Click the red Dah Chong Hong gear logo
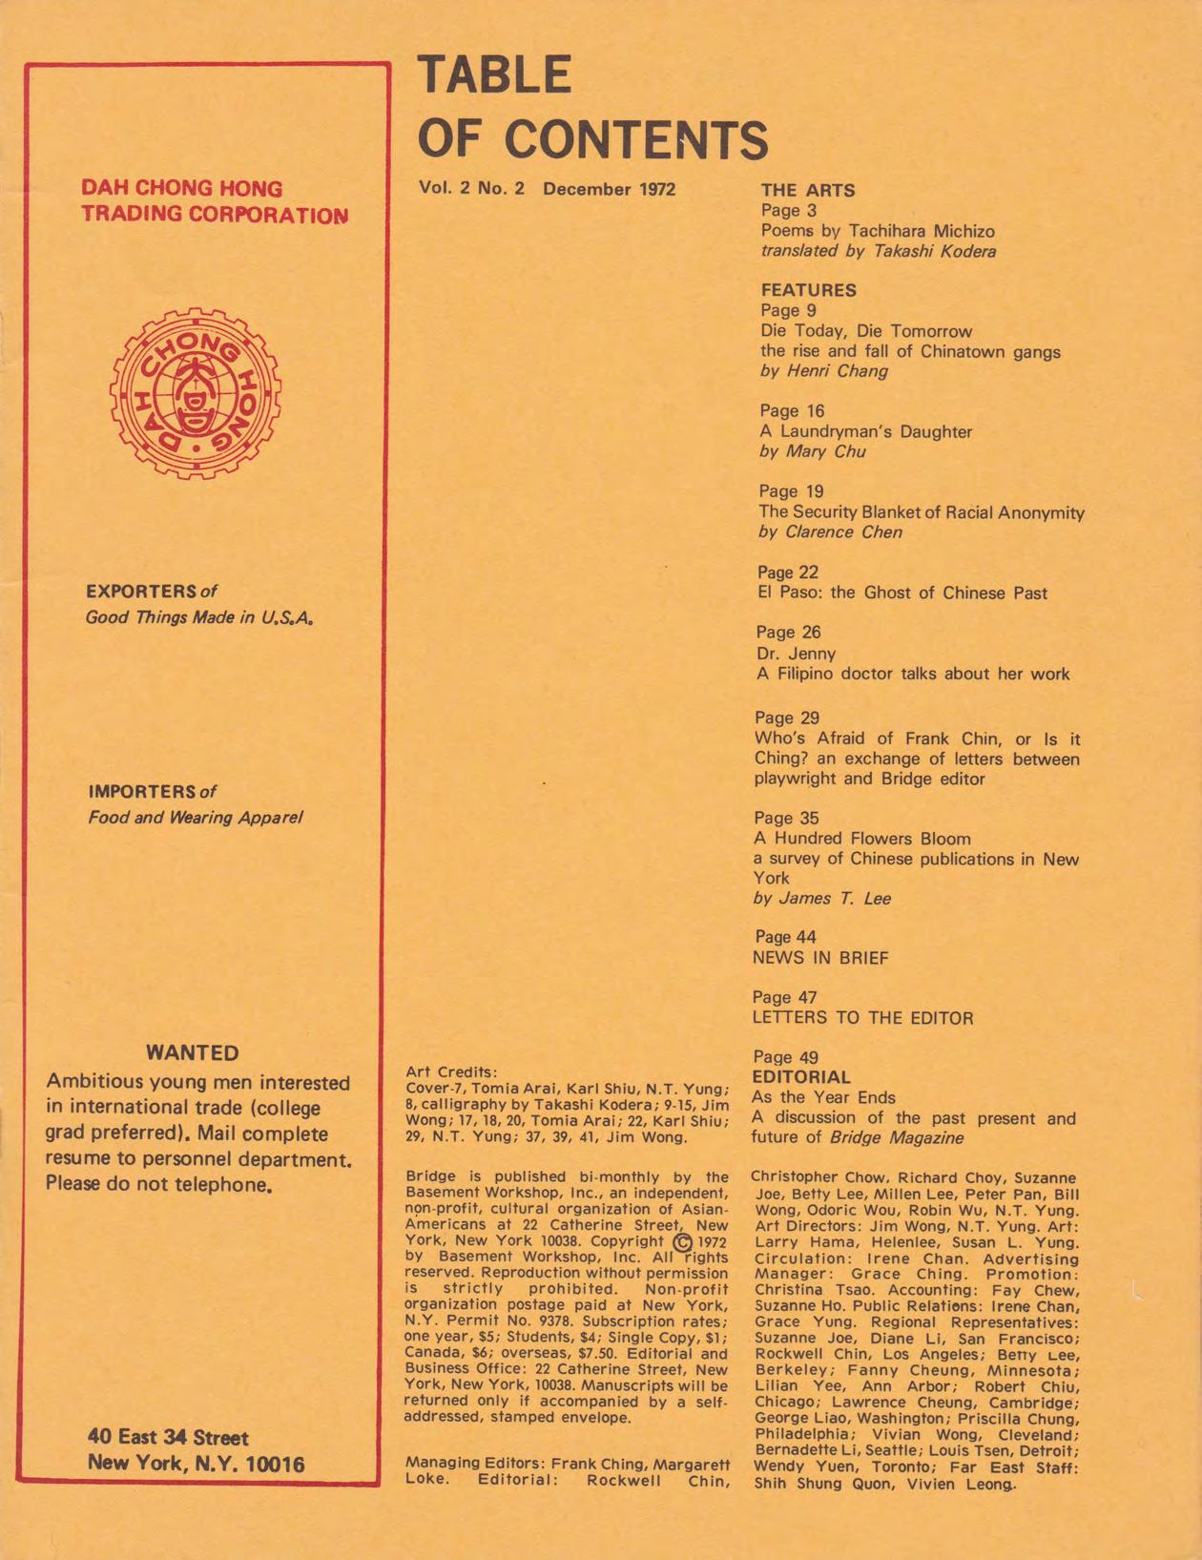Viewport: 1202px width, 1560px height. (x=196, y=392)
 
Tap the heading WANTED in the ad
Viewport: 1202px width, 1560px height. (x=193, y=1053)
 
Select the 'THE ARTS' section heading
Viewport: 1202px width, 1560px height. (x=807, y=190)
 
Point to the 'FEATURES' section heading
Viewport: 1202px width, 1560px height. (x=808, y=290)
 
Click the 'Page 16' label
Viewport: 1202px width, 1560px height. (x=792, y=411)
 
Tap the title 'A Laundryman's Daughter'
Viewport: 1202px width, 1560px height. (x=865, y=431)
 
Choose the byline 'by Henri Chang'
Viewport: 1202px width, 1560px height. (x=823, y=371)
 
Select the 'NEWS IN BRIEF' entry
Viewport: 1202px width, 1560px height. (x=819, y=958)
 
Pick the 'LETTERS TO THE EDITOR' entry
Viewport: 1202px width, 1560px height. (x=862, y=1018)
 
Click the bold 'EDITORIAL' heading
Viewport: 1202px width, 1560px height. (x=800, y=1077)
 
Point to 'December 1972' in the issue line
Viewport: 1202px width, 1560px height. (x=609, y=189)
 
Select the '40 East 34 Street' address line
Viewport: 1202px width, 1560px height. (x=168, y=1437)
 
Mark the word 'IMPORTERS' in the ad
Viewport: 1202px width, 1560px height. (x=141, y=792)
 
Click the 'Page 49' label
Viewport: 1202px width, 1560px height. (x=785, y=1057)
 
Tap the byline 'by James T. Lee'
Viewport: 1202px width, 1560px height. (x=821, y=898)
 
